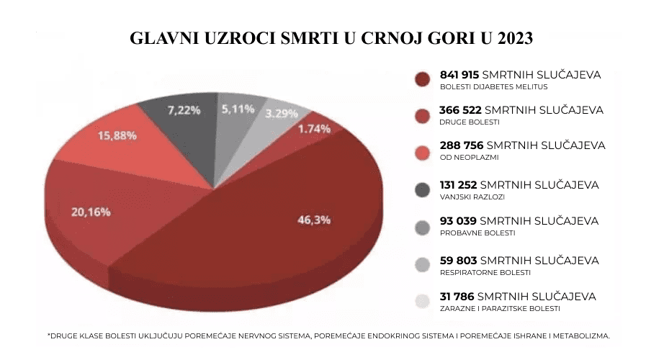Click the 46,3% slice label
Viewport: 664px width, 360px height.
click(x=314, y=220)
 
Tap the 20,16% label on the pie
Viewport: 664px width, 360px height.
click(x=90, y=212)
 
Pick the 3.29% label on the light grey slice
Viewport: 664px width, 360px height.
click(x=281, y=114)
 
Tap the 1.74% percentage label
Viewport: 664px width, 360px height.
click(x=314, y=129)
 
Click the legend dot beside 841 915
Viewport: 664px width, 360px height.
click(x=423, y=79)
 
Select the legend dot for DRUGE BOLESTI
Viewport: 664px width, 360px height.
click(x=423, y=115)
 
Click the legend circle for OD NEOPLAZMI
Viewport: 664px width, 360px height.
click(x=423, y=152)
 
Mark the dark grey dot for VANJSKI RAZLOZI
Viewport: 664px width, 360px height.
click(x=423, y=190)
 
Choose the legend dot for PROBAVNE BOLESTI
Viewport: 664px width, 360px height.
click(x=423, y=227)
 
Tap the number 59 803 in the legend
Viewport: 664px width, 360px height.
click(x=458, y=261)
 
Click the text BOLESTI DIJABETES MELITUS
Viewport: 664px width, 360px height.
click(x=493, y=86)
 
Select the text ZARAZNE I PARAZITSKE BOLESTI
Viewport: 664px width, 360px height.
click(x=499, y=308)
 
